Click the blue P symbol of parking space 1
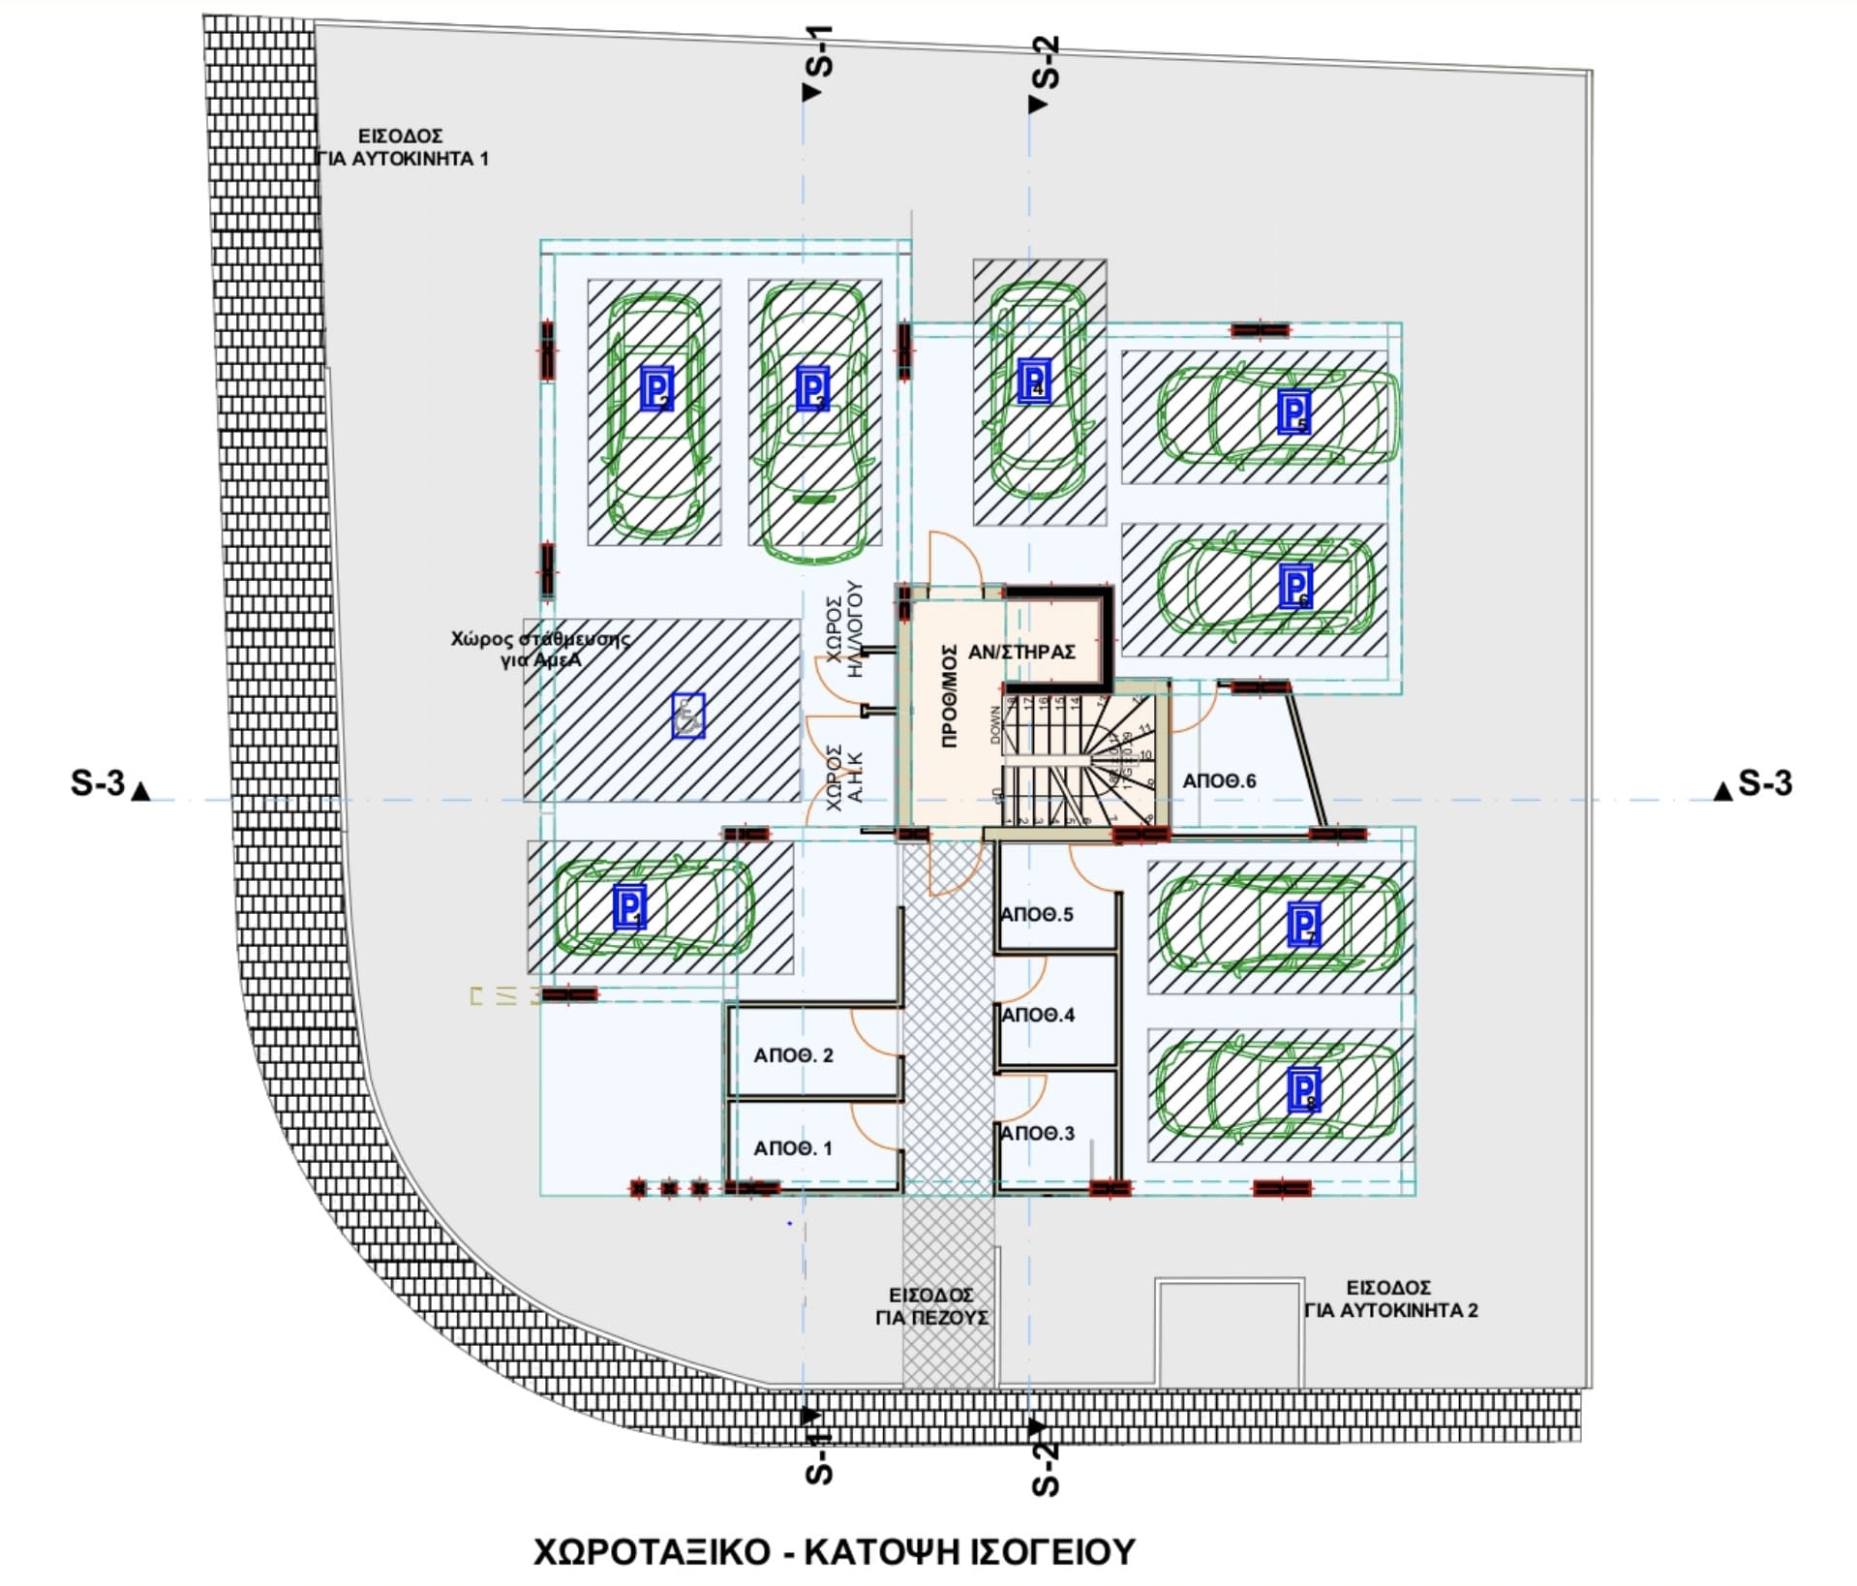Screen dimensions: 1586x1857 tap(629, 907)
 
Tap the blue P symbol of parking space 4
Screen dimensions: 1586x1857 tap(1034, 381)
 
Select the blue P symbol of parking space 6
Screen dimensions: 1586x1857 tap(1295, 585)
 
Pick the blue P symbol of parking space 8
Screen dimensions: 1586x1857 tap(1303, 1090)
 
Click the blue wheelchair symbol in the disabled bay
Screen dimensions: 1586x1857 tap(688, 716)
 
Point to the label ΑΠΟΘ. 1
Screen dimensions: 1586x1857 tap(793, 1148)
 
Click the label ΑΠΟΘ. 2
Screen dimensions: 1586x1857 tap(793, 1055)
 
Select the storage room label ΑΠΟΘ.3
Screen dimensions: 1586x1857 tap(1037, 1133)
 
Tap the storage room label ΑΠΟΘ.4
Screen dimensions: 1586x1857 tap(1038, 1015)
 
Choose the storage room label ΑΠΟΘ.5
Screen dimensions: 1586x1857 tap(1037, 914)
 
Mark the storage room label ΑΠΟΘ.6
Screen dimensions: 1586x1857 tap(1219, 780)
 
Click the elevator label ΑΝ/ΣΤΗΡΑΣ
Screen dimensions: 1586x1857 tap(1021, 652)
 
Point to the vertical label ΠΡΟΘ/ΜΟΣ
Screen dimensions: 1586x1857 tap(950, 695)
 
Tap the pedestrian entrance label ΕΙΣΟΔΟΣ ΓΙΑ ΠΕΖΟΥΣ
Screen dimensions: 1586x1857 tap(931, 1306)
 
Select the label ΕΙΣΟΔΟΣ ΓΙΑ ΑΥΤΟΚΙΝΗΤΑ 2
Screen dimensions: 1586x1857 tap(1389, 1298)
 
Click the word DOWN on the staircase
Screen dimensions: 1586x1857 tap(994, 725)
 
